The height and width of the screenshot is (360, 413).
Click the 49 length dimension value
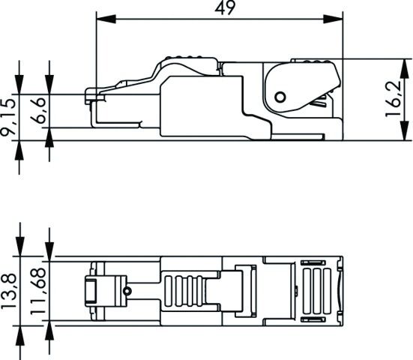pos(220,9)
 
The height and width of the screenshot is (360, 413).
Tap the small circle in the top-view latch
pos(128,291)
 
